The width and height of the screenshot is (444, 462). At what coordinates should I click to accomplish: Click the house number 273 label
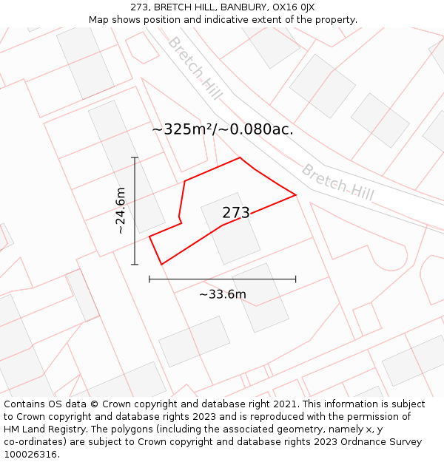click(x=236, y=213)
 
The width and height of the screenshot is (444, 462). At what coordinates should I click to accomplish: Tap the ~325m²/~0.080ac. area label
click(x=223, y=129)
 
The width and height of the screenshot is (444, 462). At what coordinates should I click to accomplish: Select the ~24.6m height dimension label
click(x=121, y=211)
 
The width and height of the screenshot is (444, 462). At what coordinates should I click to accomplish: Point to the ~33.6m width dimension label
click(x=222, y=295)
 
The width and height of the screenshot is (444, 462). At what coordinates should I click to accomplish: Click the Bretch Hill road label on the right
click(x=337, y=182)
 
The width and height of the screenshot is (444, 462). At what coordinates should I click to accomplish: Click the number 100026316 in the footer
click(x=30, y=454)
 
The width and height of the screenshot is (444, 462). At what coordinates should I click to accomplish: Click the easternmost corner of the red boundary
click(x=296, y=195)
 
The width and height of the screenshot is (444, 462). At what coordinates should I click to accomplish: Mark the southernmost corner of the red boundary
click(x=161, y=264)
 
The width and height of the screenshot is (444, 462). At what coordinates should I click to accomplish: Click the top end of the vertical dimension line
click(x=135, y=157)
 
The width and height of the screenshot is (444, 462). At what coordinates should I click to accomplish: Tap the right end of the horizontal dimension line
click(x=296, y=279)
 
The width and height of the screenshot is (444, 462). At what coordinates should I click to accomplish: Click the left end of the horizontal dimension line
click(x=149, y=279)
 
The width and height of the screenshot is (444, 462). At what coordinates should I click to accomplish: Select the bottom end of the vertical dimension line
click(x=135, y=264)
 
